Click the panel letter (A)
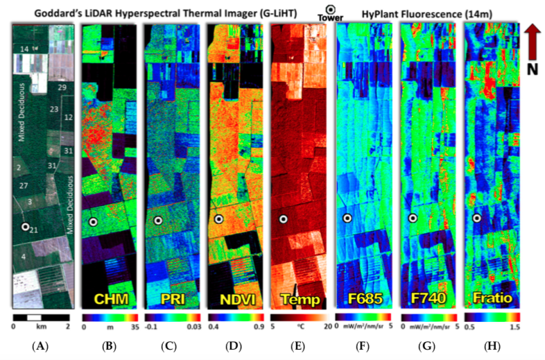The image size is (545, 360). point(41,345)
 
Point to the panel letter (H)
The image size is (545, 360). point(492,345)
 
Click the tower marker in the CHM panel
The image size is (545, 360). point(93,221)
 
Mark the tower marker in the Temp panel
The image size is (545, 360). point(284,219)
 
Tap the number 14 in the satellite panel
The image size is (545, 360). point(24,49)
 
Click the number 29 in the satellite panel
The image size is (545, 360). point(62,88)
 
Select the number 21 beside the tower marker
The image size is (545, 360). point(35,230)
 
